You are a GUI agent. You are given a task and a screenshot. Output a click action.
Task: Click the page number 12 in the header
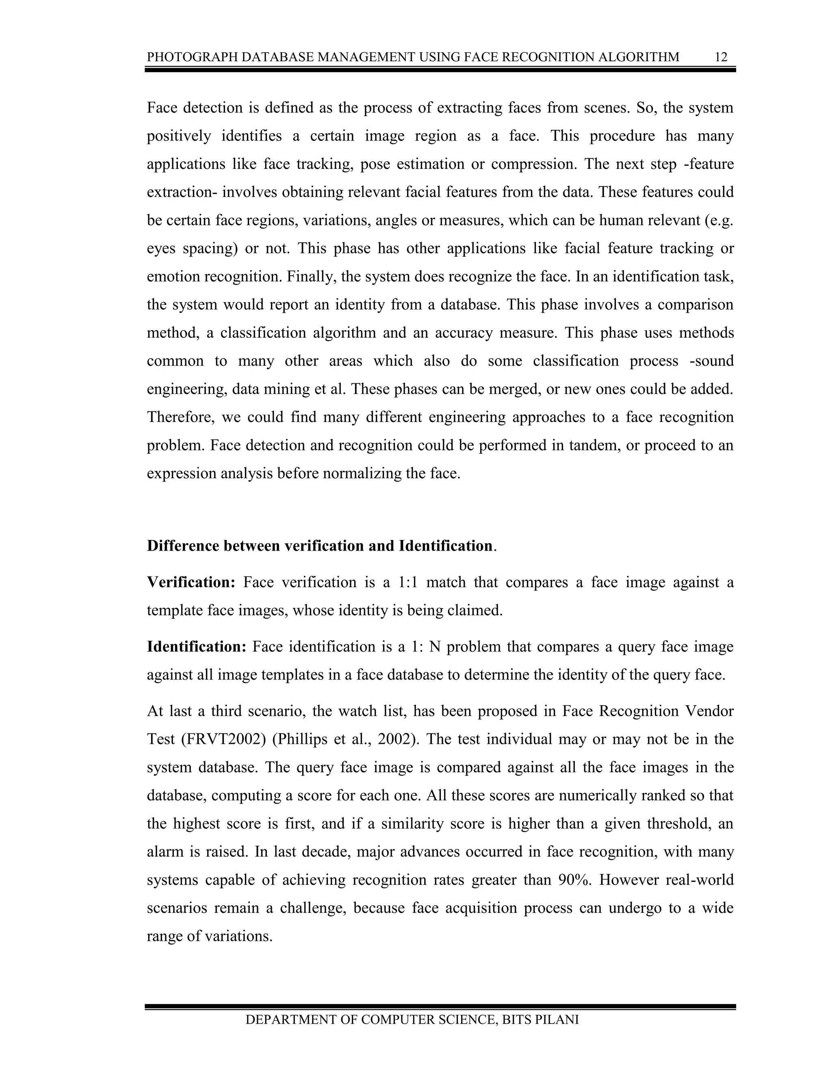tap(721, 57)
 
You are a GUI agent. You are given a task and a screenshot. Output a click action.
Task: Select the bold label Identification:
tap(196, 646)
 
